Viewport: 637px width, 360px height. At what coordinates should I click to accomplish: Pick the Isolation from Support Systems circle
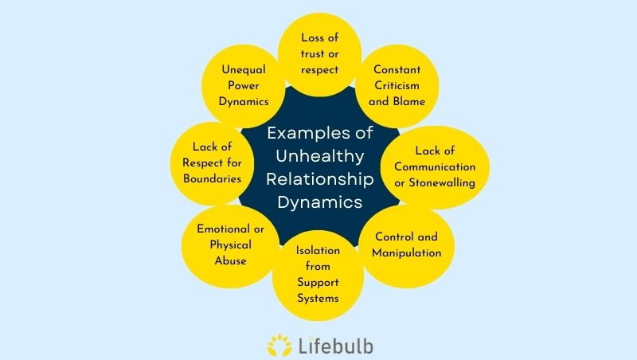click(x=318, y=275)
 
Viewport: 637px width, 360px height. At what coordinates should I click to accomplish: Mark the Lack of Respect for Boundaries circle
click(x=206, y=162)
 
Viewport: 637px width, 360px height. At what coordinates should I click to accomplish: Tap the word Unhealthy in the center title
click(x=318, y=156)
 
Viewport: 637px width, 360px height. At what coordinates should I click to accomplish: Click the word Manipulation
click(x=407, y=253)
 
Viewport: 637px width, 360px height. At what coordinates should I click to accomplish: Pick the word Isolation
click(x=318, y=251)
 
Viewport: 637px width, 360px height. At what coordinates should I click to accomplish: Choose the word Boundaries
click(x=206, y=178)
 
